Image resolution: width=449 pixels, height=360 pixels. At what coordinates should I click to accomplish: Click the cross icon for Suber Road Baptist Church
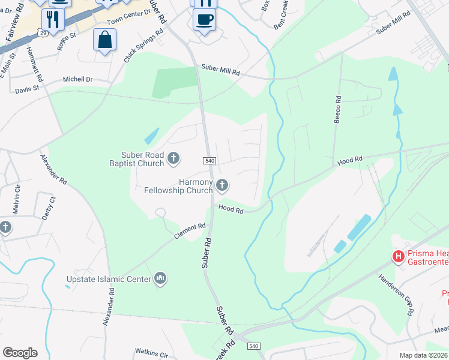click(173, 158)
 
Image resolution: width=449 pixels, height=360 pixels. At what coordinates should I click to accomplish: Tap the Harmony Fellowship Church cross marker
click(222, 185)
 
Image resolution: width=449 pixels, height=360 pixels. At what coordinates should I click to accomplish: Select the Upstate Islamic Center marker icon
click(160, 278)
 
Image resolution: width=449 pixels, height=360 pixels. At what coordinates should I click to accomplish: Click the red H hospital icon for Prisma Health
click(397, 257)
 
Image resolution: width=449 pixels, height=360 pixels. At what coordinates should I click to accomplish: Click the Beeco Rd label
click(338, 110)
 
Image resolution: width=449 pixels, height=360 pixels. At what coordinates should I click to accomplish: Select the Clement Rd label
click(190, 231)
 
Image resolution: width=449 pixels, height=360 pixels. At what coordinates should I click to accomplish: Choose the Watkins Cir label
click(151, 353)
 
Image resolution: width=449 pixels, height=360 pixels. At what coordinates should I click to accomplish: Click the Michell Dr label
click(78, 79)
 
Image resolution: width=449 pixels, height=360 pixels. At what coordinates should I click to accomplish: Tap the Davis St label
click(27, 89)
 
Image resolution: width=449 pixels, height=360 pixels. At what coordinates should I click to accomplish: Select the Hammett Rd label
click(35, 65)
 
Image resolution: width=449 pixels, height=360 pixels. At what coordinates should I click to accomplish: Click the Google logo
click(20, 353)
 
